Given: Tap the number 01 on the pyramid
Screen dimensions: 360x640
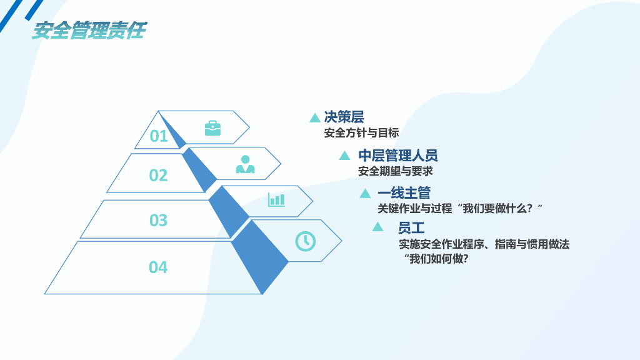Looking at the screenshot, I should (159, 136).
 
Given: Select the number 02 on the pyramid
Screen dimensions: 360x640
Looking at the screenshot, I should (158, 176).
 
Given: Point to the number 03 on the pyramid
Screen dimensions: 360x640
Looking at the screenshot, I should (158, 220).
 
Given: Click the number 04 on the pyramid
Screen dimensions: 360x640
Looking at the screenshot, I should (158, 267).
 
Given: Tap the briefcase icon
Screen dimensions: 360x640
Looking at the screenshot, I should (212, 128).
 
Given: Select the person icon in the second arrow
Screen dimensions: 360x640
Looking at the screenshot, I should (245, 164).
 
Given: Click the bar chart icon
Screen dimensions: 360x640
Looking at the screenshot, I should (276, 199).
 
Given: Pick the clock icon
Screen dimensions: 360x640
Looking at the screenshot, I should (305, 241).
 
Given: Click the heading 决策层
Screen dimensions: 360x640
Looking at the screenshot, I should (344, 117).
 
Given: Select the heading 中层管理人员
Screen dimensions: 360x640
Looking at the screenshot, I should (397, 156).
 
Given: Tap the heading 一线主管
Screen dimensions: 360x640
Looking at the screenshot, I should (404, 193).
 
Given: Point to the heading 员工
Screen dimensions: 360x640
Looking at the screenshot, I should (411, 227).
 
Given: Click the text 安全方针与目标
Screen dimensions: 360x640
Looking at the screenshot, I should (361, 132).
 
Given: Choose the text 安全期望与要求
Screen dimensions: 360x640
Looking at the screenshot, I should (395, 171).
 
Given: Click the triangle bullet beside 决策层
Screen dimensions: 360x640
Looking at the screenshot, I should (315, 118).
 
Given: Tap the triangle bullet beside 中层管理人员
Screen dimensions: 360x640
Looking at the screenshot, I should (344, 156).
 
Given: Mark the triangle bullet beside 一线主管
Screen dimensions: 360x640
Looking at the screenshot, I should (365, 194).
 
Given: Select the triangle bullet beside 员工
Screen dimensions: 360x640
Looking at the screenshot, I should (377, 227).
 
